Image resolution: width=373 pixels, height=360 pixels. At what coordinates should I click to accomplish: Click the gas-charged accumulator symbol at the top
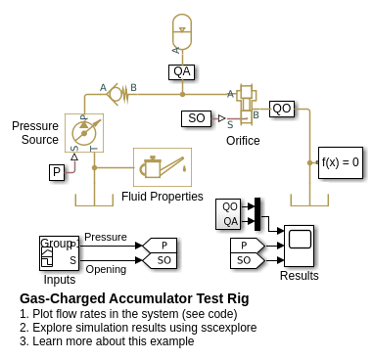(182, 31)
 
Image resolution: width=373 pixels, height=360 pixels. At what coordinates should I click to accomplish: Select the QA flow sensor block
(182, 71)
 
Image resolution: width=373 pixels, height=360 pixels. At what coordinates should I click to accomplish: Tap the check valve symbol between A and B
(118, 94)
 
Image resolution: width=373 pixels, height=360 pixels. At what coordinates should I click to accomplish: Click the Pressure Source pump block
(84, 133)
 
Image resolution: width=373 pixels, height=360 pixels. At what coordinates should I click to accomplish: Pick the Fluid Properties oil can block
(163, 167)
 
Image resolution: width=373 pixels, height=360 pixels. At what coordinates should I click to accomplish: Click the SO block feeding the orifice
(196, 118)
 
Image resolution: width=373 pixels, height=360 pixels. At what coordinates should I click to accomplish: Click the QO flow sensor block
(282, 109)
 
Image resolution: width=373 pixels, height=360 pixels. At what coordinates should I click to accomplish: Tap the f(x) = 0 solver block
(341, 162)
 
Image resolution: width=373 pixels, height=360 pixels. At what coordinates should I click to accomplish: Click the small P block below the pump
(57, 172)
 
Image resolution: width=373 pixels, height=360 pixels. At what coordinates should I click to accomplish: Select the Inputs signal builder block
(59, 253)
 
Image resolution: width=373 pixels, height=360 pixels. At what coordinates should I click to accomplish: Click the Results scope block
(299, 246)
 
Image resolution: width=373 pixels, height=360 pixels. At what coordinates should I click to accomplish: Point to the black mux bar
(257, 214)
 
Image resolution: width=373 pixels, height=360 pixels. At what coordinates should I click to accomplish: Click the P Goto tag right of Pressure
(160, 246)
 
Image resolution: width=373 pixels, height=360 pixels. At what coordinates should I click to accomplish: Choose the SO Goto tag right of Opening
(160, 260)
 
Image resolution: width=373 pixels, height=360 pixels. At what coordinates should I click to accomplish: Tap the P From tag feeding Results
(248, 246)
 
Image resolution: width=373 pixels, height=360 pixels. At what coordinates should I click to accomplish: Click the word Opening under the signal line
(106, 269)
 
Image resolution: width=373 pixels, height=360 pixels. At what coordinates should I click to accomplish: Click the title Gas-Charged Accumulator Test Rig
(134, 298)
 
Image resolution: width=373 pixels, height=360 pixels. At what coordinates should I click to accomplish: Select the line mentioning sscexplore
(138, 327)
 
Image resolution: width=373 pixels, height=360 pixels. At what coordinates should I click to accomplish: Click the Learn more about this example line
(107, 341)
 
